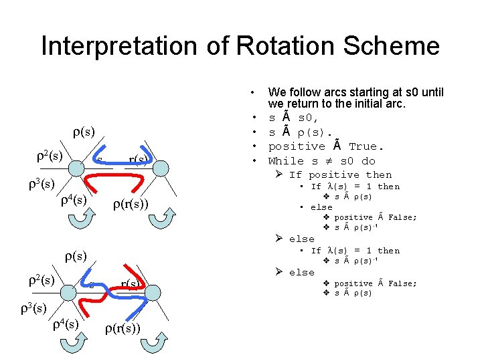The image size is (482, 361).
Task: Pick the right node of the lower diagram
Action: point(153,292)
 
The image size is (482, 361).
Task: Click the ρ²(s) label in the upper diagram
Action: point(49,156)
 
